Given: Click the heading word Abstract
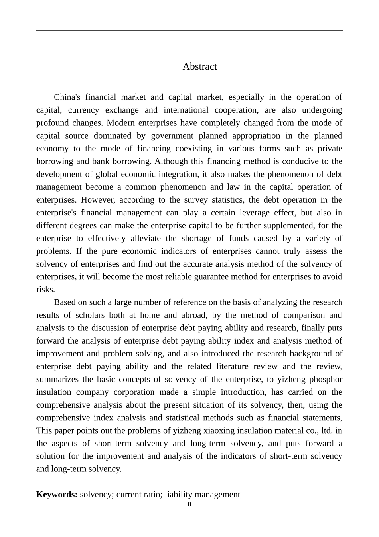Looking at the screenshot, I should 199,66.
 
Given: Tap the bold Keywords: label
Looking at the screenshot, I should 57,495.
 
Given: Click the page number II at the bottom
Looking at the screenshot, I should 189,505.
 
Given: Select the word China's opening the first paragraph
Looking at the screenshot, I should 67,97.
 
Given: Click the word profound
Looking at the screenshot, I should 52,123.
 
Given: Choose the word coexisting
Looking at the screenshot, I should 193,149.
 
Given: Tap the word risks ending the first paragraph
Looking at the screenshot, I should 45,289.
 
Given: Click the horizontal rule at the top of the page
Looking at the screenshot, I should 189,30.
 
